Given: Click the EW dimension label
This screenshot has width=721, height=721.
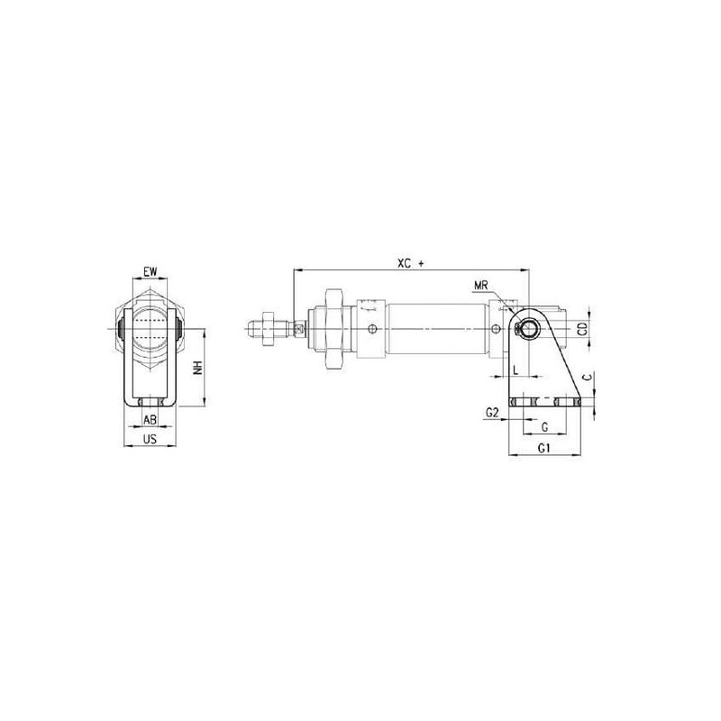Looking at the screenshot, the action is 150,271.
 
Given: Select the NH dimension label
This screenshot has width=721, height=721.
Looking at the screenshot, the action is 198,367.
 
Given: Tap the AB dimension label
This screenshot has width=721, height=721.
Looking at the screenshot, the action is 150,419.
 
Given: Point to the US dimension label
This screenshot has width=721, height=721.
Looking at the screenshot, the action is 150,439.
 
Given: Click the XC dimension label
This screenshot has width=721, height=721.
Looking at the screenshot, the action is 405,263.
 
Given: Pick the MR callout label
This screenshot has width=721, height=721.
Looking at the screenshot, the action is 481,286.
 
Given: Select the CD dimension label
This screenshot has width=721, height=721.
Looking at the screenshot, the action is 582,329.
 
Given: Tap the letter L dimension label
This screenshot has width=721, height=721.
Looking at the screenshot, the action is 516,370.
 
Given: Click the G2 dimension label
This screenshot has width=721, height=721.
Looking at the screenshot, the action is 492,413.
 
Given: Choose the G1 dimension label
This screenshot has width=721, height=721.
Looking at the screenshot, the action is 544,448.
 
